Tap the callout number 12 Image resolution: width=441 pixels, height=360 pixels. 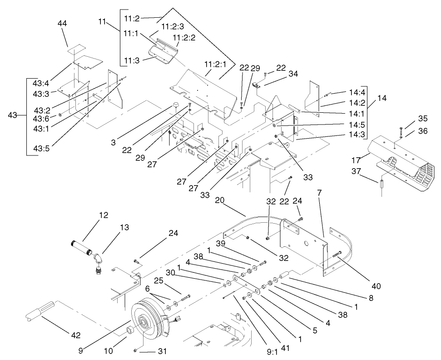(104, 215)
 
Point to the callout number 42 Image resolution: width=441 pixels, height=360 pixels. (75, 335)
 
